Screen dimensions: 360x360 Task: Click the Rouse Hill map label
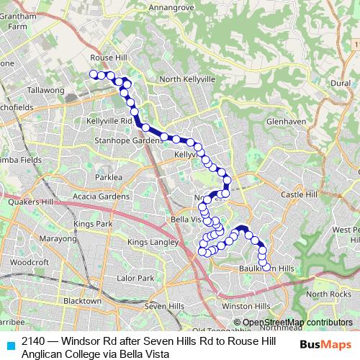(x=109, y=58)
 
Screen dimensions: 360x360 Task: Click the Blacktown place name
(x=82, y=300)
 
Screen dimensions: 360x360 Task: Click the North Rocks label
(x=328, y=294)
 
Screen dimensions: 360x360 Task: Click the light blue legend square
(x=10, y=345)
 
